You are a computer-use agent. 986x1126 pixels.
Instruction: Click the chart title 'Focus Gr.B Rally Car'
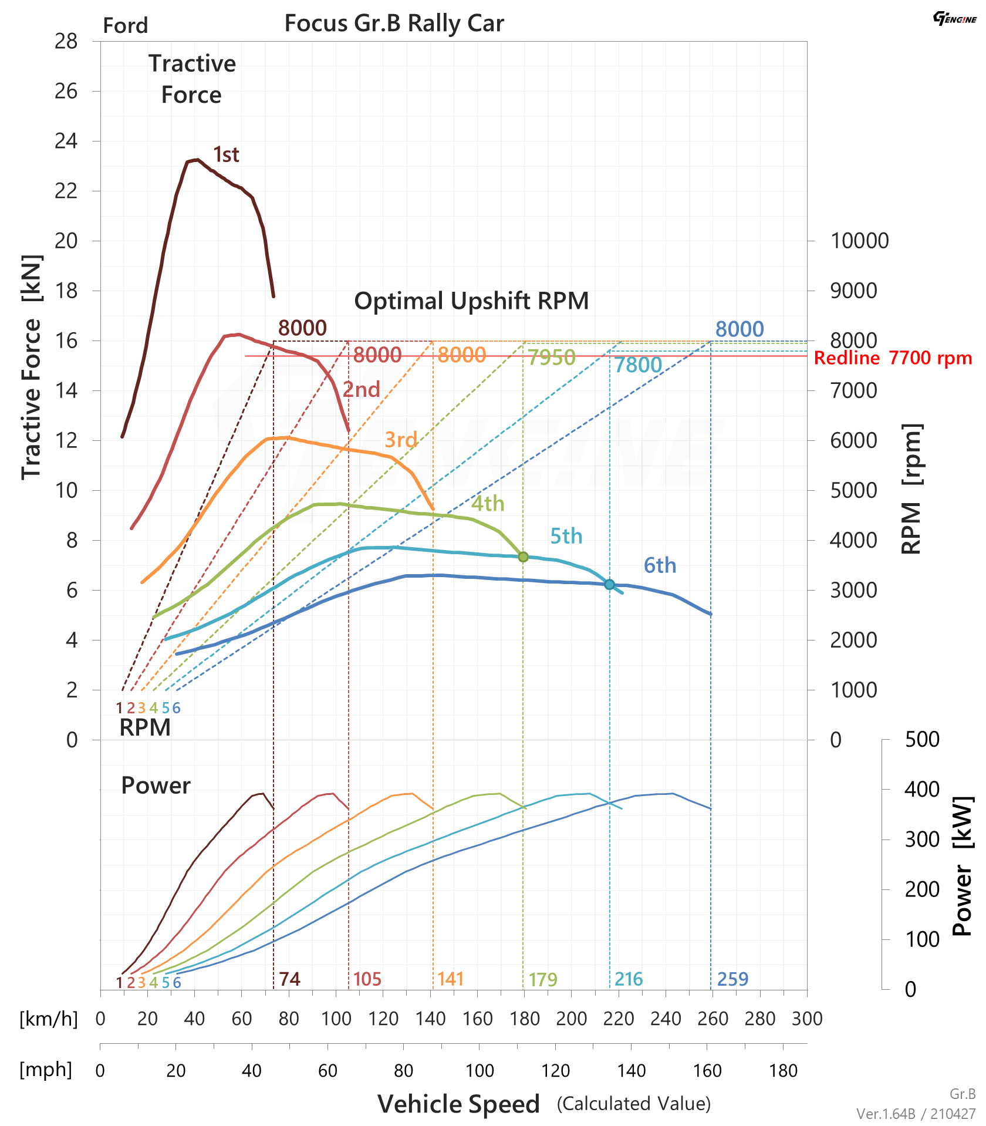394,23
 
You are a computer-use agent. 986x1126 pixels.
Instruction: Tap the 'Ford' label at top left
126,26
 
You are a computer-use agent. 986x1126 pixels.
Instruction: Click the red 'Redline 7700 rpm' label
893,358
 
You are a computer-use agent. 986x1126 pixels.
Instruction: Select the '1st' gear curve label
226,154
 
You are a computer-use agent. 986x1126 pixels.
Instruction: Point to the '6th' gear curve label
660,565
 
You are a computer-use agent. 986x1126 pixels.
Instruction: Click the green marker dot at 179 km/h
523,557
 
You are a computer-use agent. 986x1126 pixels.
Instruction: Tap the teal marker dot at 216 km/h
609,584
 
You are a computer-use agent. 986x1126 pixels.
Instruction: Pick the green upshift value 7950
551,357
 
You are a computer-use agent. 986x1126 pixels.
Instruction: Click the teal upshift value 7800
638,365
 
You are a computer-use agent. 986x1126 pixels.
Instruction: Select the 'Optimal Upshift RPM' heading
471,301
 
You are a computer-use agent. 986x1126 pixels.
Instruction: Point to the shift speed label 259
732,979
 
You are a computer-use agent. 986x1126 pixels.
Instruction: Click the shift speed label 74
289,979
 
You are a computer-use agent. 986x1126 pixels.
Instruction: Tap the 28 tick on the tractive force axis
66,41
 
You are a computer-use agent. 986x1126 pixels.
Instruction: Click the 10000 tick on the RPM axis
859,241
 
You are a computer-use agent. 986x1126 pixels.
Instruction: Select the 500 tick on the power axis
922,740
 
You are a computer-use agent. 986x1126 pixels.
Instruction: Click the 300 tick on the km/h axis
807,1019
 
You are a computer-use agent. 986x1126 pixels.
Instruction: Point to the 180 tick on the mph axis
783,1071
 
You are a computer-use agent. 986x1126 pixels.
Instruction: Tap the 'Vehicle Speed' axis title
458,1104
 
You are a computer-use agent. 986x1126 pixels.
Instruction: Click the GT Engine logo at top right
954,19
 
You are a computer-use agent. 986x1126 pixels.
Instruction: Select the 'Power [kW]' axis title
963,865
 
